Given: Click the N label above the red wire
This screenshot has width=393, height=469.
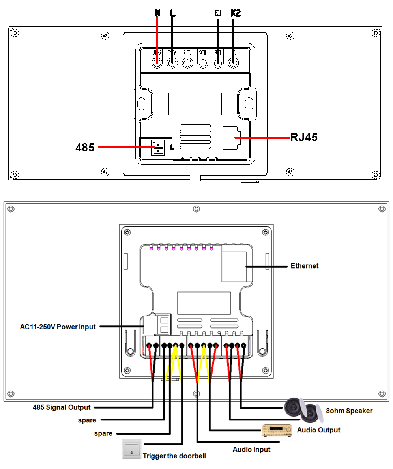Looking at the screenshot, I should click(x=157, y=13).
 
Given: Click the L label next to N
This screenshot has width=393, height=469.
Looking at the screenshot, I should click(x=172, y=13).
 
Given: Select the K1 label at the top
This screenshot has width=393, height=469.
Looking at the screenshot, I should click(x=218, y=13).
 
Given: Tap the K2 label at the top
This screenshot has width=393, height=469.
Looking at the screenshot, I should click(x=235, y=13).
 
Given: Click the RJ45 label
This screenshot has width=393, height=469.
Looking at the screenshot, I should click(x=304, y=138).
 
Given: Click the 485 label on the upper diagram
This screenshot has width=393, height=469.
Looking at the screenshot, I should click(x=85, y=148).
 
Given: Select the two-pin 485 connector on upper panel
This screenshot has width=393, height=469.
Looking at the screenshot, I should click(x=158, y=148).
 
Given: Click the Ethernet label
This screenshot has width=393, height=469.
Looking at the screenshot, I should click(x=304, y=266).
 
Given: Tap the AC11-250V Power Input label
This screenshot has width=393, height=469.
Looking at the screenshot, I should click(x=58, y=327).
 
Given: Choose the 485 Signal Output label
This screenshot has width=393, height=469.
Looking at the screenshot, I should click(x=62, y=407).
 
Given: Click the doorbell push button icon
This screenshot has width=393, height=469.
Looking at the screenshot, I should click(x=131, y=449).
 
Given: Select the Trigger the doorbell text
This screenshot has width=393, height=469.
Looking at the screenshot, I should click(x=174, y=456).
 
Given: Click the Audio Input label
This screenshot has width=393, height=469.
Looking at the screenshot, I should click(x=252, y=449).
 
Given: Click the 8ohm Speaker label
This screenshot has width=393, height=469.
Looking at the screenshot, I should click(x=349, y=411).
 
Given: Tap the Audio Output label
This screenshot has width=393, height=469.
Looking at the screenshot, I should click(x=318, y=430).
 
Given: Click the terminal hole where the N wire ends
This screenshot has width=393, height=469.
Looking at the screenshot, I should click(x=157, y=63).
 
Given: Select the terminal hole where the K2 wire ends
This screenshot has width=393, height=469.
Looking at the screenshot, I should click(x=233, y=63).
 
